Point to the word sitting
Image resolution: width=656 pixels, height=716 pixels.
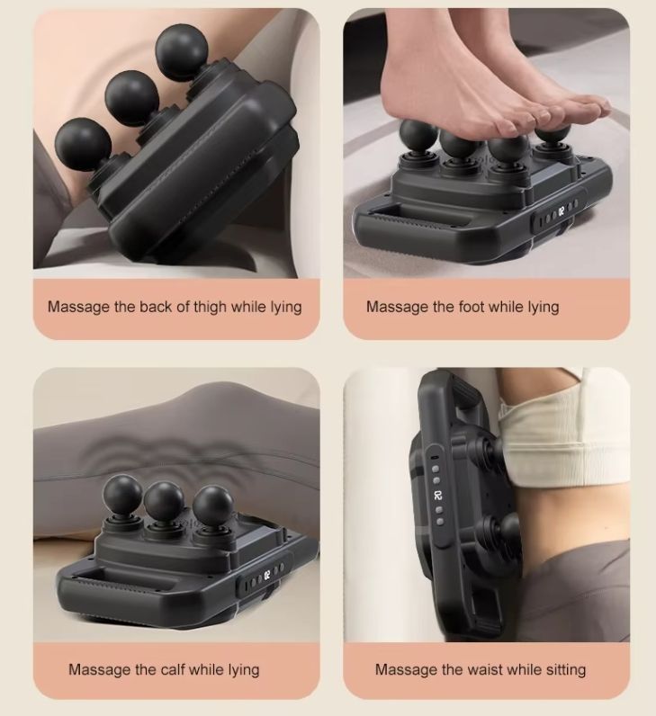tap(565, 670)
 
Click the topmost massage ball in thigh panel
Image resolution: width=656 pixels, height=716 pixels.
tap(182, 51)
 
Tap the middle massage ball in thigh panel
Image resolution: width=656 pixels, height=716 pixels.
tap(131, 97)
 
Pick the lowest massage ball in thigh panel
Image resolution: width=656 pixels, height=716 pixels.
tap(83, 144)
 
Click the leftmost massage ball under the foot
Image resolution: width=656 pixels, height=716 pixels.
tap(418, 135)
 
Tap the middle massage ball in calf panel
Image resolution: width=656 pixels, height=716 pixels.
tap(164, 501)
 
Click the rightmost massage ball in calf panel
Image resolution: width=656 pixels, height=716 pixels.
tap(213, 506)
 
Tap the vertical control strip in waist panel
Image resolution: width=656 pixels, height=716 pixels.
tap(437, 495)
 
